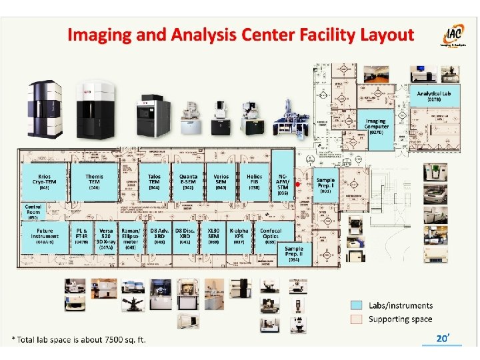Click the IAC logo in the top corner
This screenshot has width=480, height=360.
pos(451,37)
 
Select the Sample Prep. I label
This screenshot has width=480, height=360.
pos(325,185)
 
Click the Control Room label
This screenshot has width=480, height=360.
pos(33,210)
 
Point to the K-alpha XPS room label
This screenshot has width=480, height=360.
pos(239,235)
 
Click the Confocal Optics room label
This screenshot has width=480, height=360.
pos(271,235)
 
